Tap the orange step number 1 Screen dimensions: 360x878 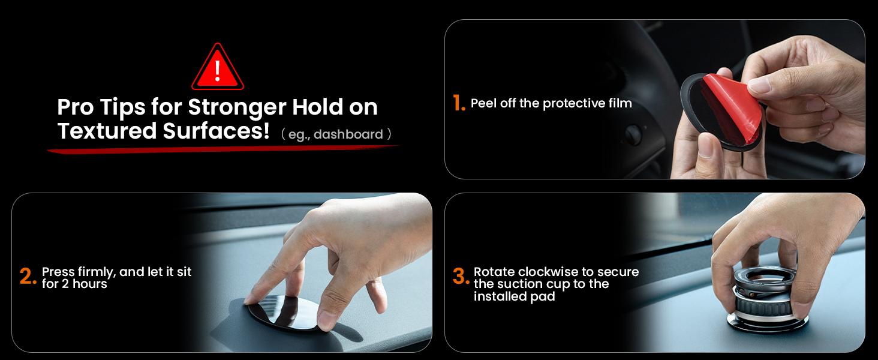(x=459, y=104)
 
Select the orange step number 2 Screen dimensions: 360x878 (x=28, y=277)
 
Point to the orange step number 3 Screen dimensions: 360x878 (x=461, y=277)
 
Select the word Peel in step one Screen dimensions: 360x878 (x=483, y=103)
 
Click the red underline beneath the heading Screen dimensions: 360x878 (x=222, y=149)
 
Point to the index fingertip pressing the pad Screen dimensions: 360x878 (x=251, y=299)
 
